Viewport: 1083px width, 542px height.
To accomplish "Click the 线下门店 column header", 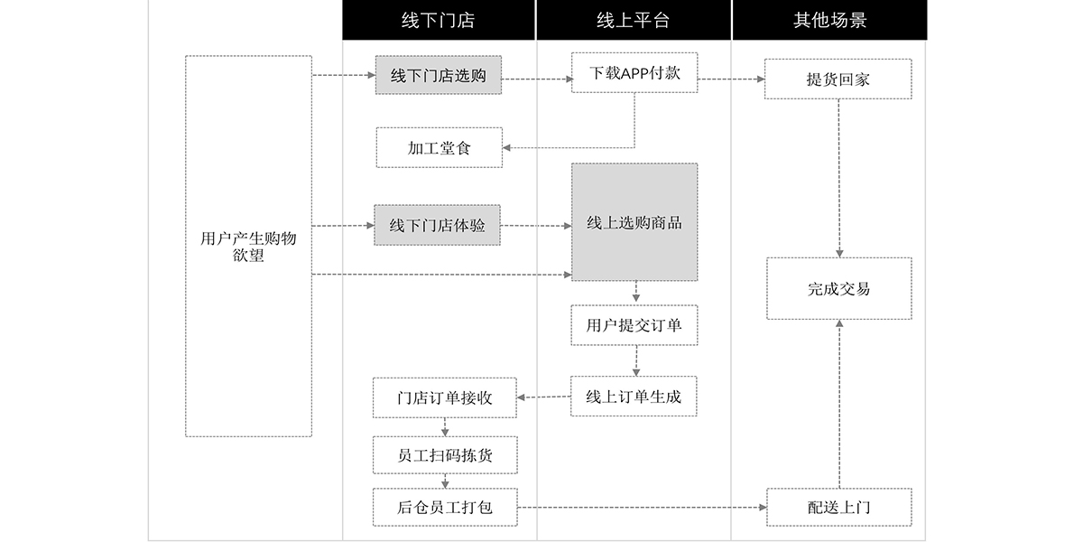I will (x=439, y=20).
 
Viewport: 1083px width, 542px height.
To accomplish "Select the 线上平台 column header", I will (x=634, y=20).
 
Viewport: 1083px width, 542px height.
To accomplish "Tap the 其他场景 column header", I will (x=829, y=20).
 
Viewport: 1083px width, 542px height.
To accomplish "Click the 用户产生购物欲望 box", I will (x=248, y=247).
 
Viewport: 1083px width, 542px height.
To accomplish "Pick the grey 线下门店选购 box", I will (x=439, y=76).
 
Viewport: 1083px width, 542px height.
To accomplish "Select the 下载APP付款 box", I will (x=634, y=73).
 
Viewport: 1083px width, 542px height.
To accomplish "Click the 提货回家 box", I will (x=838, y=79).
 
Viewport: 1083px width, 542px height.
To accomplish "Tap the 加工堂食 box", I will (x=439, y=147).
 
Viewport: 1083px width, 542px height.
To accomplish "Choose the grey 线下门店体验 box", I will (x=438, y=225).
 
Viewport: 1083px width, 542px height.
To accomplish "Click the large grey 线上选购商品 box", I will (x=634, y=222).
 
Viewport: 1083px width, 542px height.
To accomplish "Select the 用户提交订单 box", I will (x=634, y=325).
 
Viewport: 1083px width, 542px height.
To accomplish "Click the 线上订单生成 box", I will (x=634, y=396).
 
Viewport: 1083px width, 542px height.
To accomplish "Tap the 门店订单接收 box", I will (x=445, y=397).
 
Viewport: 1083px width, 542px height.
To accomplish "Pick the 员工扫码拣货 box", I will (x=445, y=455).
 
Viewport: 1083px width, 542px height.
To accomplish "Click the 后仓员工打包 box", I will (x=445, y=508).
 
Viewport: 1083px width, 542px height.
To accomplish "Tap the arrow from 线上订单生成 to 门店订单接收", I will (x=544, y=397).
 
